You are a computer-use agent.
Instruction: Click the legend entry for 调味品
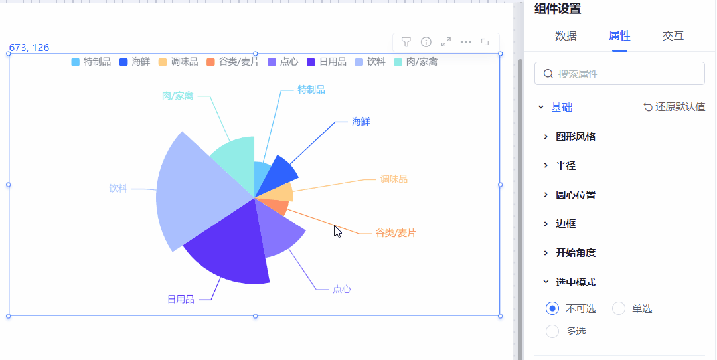(179, 62)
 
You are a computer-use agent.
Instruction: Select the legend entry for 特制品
(91, 62)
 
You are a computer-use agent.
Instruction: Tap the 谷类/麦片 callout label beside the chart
(396, 233)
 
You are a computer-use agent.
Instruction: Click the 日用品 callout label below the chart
(181, 299)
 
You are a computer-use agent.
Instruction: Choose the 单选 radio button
(619, 308)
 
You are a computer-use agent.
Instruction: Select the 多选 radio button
(552, 331)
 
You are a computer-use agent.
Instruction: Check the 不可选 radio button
(552, 308)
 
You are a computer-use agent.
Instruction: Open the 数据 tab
(566, 36)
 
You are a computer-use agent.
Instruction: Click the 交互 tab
(673, 36)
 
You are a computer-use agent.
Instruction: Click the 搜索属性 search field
(619, 74)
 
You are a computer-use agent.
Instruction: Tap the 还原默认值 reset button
(675, 107)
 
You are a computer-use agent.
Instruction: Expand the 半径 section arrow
(546, 165)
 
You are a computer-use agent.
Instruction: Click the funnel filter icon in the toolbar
(406, 42)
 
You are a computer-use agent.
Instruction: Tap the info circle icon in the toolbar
(426, 42)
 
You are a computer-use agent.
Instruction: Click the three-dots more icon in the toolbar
(466, 42)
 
